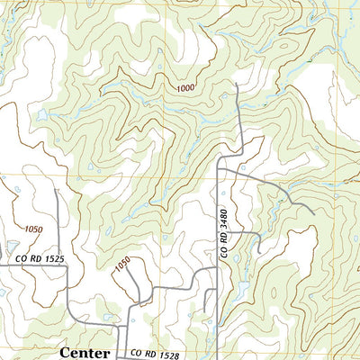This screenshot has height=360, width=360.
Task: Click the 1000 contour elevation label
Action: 184,87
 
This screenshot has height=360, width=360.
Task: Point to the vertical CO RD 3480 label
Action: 224,235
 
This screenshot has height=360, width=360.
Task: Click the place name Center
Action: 85,353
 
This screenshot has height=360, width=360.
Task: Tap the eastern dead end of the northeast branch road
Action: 311,213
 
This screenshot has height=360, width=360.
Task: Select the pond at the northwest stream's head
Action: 42,114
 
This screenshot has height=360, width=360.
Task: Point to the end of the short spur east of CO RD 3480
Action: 259,251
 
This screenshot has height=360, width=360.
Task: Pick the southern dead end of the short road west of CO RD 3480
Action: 207,337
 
